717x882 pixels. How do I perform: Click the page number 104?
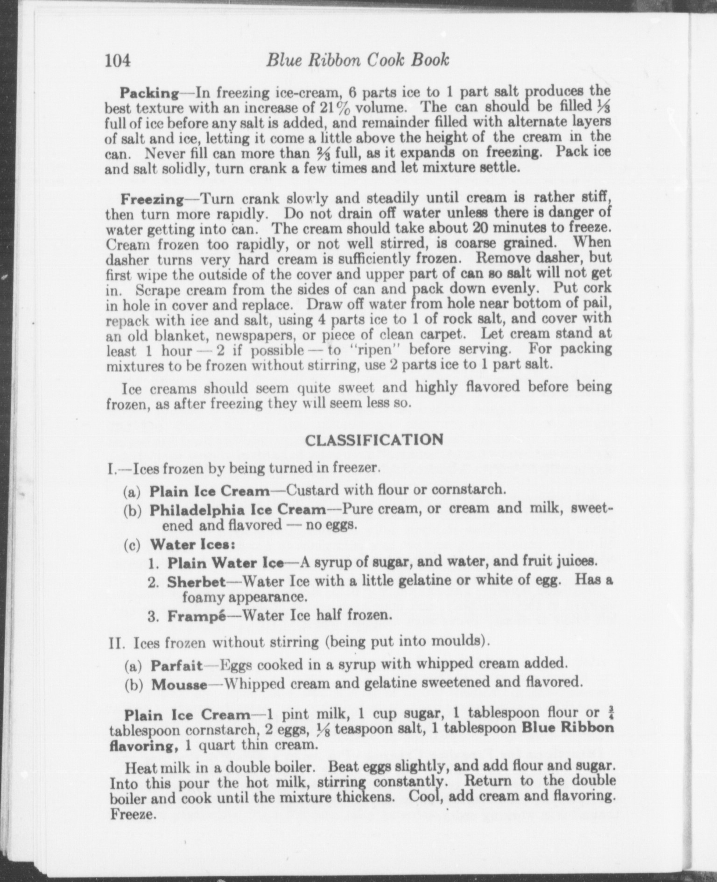118,61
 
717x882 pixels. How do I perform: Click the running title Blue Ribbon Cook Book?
358,60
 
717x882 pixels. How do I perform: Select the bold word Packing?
149,93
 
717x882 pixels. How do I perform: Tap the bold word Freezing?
152,199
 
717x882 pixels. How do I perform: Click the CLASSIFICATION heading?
373,440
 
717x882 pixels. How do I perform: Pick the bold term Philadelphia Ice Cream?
238,509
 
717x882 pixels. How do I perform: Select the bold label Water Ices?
192,544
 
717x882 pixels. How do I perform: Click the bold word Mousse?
179,685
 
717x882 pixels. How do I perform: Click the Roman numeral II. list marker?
116,643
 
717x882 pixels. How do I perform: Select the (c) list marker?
132,545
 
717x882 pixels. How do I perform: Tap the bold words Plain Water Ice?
225,563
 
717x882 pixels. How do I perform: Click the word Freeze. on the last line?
132,815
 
